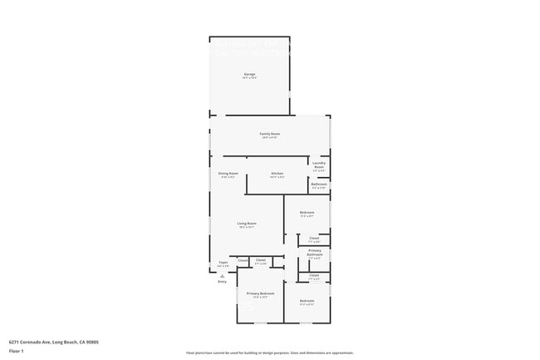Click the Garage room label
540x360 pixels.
pos(249,75)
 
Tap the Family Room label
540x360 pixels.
pos(270,134)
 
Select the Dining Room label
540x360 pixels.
pos(228,174)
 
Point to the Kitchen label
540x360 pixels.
pos(277,174)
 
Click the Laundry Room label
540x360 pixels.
pos(319,165)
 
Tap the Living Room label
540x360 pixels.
pos(246,224)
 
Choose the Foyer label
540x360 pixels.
pos(223,263)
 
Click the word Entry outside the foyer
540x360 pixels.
pos(222,282)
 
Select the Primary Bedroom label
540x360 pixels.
pos(260,293)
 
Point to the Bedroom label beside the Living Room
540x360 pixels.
pos(307,213)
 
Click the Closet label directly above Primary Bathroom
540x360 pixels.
pos(314,239)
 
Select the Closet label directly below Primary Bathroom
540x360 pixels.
pos(314,275)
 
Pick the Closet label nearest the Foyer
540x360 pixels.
pos(243,260)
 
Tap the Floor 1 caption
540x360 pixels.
pos(16,351)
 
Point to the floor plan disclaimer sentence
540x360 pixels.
pos(270,353)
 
